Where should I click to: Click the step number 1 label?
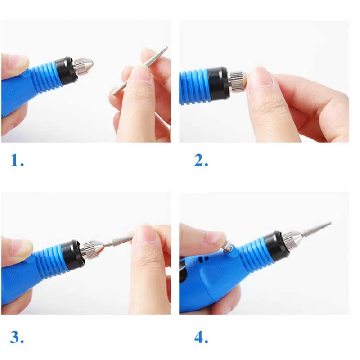click(17, 160)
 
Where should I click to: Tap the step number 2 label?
click(201, 160)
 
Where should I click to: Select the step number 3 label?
click(17, 337)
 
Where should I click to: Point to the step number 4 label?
click(201, 337)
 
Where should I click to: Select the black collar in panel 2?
click(218, 82)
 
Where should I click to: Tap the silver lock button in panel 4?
click(229, 248)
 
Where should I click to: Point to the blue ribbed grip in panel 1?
click(44, 76)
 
